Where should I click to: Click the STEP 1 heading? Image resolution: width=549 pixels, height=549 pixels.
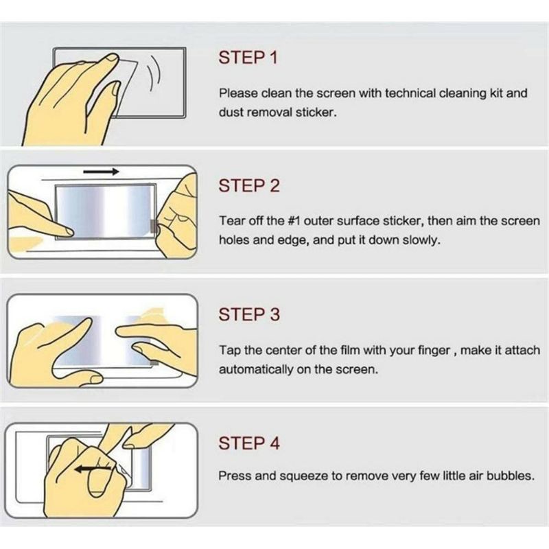click(248, 58)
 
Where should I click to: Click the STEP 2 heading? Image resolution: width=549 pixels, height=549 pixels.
click(249, 185)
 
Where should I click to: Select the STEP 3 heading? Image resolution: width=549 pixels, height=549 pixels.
click(249, 314)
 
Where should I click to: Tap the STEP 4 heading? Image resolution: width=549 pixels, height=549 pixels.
click(249, 443)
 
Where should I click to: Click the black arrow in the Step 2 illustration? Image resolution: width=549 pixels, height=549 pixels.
click(101, 171)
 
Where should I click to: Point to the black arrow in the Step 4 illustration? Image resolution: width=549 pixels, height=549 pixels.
click(93, 469)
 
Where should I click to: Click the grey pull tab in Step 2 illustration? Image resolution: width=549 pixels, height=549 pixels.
click(154, 226)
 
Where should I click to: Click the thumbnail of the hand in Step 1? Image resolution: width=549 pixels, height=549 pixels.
click(112, 58)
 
